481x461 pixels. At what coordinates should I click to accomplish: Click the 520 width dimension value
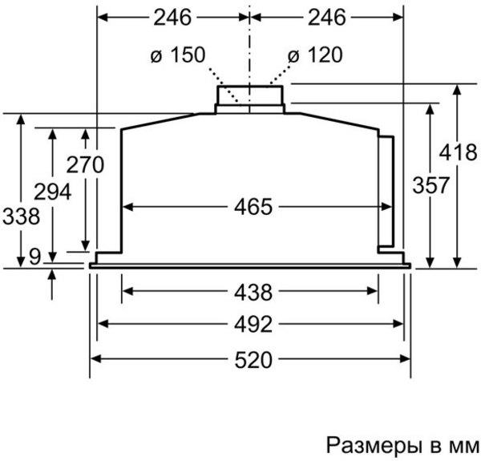253,359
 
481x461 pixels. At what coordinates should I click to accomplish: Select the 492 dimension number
253,324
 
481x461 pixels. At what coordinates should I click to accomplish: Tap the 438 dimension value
253,292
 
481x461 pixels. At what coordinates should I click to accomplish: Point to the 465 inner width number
253,207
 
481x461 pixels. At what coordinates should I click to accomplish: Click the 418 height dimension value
458,152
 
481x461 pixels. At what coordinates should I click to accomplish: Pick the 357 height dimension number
430,185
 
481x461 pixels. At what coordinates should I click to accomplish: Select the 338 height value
21,216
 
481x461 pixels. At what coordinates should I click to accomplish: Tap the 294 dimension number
52,192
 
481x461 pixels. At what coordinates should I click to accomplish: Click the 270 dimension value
85,164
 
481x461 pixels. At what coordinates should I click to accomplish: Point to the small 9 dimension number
35,257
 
